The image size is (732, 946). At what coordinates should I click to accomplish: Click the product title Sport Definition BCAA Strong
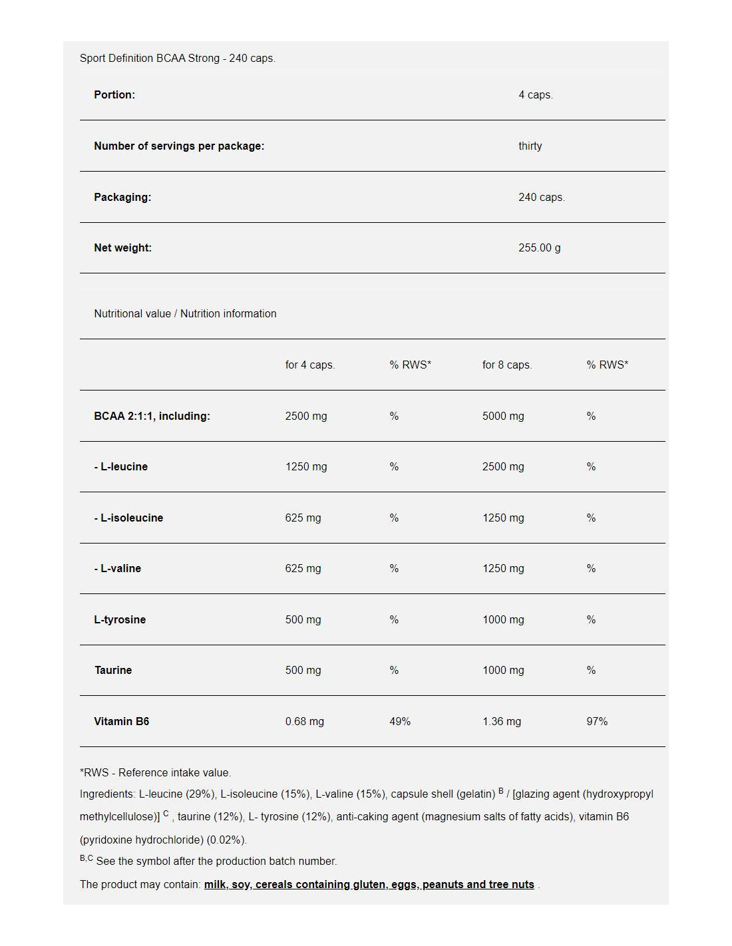[149, 59]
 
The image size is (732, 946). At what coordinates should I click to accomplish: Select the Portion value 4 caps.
[535, 95]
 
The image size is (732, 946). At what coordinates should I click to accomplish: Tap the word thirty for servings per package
[530, 146]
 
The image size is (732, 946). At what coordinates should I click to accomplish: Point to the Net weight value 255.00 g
[539, 248]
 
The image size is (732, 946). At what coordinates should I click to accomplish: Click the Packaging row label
[122, 198]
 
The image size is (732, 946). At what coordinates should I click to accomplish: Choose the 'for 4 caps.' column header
[309, 365]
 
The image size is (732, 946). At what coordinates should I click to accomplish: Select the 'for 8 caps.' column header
[506, 365]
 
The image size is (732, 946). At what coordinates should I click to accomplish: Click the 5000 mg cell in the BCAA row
[502, 416]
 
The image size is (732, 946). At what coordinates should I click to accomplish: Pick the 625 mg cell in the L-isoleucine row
[303, 518]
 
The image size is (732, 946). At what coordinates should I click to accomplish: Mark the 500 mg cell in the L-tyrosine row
[303, 620]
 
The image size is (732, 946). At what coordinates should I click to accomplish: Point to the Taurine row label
[113, 671]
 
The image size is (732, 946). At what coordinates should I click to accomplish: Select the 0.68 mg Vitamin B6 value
[304, 722]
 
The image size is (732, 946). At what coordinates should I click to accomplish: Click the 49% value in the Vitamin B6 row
[399, 722]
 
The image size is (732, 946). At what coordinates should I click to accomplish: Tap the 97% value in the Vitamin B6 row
[596, 722]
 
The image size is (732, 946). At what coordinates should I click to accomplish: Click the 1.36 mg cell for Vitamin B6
[501, 722]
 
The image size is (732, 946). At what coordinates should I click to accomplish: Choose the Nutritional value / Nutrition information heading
[185, 314]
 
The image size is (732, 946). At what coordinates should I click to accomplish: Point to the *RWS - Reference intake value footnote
[155, 773]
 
